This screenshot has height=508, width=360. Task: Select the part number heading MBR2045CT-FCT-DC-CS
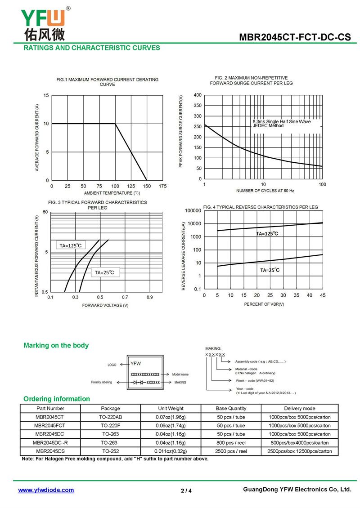[x=295, y=38]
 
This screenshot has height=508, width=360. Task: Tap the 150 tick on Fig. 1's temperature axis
[x=147, y=186]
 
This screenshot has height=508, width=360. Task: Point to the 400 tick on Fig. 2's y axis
[x=198, y=95]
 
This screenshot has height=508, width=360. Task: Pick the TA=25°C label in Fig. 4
[x=270, y=270]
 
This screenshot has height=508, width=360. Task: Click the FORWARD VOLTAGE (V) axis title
[x=105, y=305]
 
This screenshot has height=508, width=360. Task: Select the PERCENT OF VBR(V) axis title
[x=264, y=304]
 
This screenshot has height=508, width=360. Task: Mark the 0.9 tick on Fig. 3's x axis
[x=149, y=297]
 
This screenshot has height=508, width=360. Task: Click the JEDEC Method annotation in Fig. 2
[x=268, y=126]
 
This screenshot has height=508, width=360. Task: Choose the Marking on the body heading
[x=56, y=346]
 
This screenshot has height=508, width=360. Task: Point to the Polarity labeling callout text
[x=101, y=382]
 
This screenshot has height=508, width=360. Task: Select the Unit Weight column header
[x=171, y=408]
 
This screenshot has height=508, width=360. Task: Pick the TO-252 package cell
[x=110, y=451]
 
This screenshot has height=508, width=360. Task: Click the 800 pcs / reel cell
[x=231, y=442]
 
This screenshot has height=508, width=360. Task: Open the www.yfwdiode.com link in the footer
[x=46, y=490]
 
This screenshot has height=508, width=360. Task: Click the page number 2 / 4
[x=186, y=490]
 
